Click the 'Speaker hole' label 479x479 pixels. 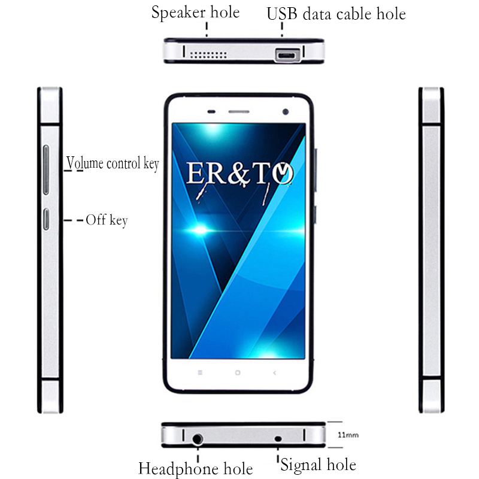pyautogui.click(x=196, y=13)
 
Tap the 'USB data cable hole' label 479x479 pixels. pyautogui.click(x=336, y=14)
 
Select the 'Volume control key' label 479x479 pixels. pyautogui.click(x=113, y=163)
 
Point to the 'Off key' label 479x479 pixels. pyautogui.click(x=107, y=220)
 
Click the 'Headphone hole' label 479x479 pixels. pyautogui.click(x=196, y=469)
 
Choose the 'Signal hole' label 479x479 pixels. pyautogui.click(x=319, y=465)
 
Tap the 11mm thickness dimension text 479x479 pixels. pyautogui.click(x=348, y=435)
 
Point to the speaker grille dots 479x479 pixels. pyautogui.click(x=208, y=55)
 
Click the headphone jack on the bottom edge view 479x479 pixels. pyautogui.click(x=198, y=439)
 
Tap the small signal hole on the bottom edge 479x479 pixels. pyautogui.click(x=278, y=439)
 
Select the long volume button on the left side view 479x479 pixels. pyautogui.click(x=46, y=170)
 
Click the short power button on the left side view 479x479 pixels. pyautogui.click(x=46, y=219)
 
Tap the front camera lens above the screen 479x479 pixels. pyautogui.click(x=286, y=112)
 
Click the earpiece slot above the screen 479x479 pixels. pyautogui.click(x=239, y=112)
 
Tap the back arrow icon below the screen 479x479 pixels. pyautogui.click(x=275, y=372)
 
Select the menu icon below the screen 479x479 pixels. pyautogui.click(x=200, y=372)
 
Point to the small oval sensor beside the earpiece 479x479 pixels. pyautogui.click(x=211, y=112)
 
